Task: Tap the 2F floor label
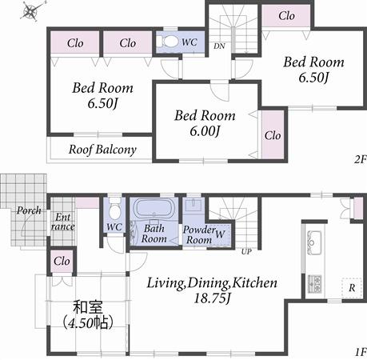click(358, 160)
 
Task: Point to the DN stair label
click(217, 46)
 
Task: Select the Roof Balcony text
click(102, 150)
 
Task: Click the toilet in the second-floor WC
click(170, 42)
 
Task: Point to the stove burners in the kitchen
click(314, 282)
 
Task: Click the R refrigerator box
click(349, 285)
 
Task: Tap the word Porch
click(29, 211)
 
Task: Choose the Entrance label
click(62, 222)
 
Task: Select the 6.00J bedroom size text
click(205, 130)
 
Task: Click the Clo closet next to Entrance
click(62, 261)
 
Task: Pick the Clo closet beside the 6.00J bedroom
click(272, 135)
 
